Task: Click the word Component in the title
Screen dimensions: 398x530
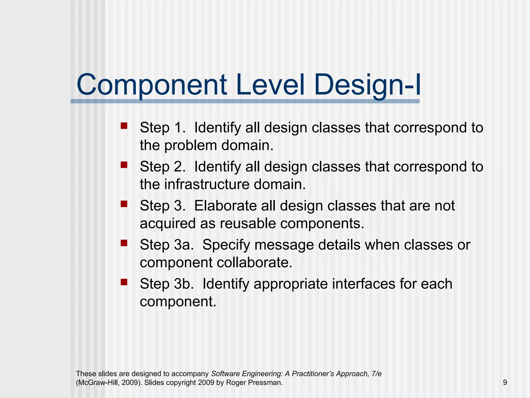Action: [152, 85]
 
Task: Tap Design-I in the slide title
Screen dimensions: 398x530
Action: [368, 85]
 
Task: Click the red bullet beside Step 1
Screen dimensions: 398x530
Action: [124, 126]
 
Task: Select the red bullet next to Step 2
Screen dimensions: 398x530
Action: [124, 165]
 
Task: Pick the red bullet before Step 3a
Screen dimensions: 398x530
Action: [124, 243]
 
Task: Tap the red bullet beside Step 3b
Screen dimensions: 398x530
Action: [124, 282]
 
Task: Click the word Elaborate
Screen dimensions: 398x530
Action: [225, 206]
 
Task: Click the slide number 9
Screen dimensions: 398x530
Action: [505, 383]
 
